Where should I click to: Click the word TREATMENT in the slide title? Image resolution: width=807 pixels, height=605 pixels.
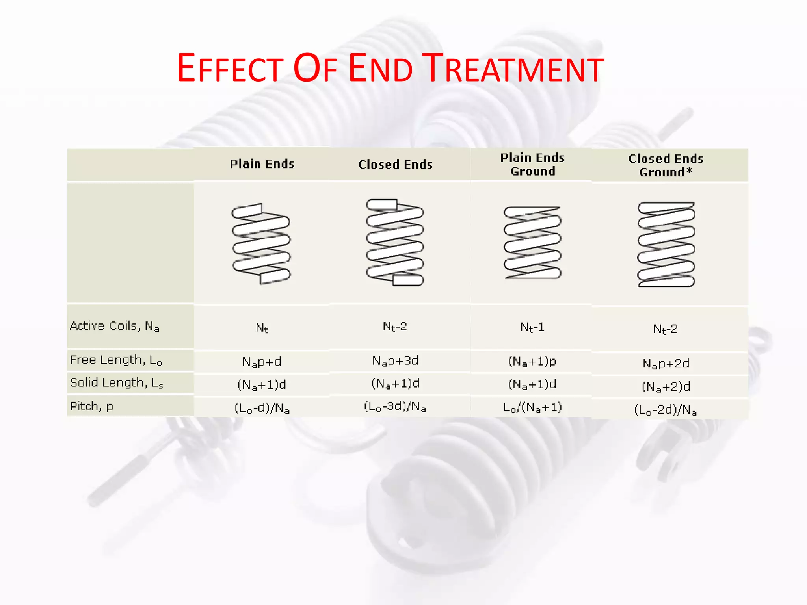coord(513,69)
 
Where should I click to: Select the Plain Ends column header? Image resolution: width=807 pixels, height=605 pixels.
coord(262,164)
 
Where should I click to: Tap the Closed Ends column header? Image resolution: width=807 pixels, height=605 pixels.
coord(395,164)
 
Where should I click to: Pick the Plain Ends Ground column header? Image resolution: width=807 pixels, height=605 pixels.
coord(532,165)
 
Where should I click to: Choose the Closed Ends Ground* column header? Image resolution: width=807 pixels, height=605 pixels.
coord(666,165)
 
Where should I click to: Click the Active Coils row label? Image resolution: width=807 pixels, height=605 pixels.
coord(114,326)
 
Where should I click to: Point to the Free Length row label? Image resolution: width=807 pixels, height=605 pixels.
coord(116,360)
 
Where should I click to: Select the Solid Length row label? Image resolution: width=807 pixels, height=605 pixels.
coord(116,383)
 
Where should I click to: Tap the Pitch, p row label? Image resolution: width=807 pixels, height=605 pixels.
coord(91,406)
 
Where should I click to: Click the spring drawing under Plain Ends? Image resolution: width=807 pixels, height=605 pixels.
coord(261,243)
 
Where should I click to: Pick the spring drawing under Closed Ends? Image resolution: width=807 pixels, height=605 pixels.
coord(395,242)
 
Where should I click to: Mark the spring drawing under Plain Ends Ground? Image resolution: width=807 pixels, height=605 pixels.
coord(532,242)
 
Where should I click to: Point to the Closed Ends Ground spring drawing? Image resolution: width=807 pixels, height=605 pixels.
coord(666,245)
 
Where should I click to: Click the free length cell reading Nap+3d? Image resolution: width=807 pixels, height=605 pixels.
coord(395,361)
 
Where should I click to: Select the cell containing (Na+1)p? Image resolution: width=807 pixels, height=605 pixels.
coord(532,361)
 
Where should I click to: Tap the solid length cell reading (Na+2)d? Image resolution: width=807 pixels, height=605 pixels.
coord(666,386)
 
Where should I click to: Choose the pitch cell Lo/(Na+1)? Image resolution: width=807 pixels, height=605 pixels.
coord(532,407)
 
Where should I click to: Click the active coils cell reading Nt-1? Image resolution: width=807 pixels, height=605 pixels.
coord(532,327)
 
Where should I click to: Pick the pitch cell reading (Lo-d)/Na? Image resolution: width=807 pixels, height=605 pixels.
coord(262,408)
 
